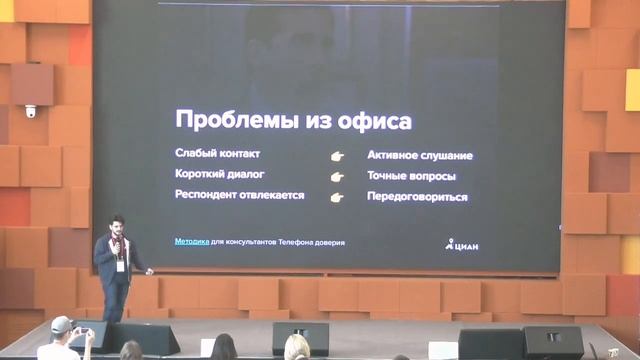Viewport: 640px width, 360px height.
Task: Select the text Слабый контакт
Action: [217, 154]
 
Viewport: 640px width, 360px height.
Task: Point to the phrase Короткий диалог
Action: [219, 174]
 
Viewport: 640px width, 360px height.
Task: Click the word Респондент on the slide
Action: [206, 195]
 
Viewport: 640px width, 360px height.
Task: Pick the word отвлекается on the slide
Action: [271, 195]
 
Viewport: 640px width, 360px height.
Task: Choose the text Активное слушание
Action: [420, 156]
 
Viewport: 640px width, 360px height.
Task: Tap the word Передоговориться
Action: [417, 197]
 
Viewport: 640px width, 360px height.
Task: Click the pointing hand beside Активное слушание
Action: [337, 156]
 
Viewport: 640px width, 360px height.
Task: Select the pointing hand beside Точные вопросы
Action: [337, 176]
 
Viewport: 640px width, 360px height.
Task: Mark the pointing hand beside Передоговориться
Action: [337, 197]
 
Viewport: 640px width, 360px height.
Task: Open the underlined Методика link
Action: [192, 241]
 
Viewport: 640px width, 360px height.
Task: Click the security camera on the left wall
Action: [31, 111]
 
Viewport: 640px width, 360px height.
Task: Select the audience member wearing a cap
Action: [62, 329]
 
